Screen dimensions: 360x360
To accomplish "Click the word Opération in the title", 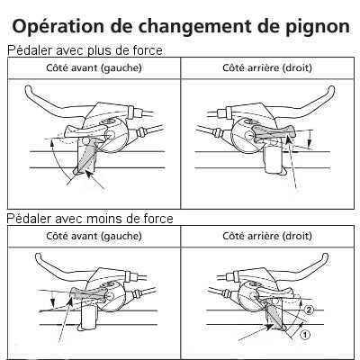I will [x=61, y=22].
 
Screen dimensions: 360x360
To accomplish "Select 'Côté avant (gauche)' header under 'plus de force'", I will [x=93, y=67].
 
